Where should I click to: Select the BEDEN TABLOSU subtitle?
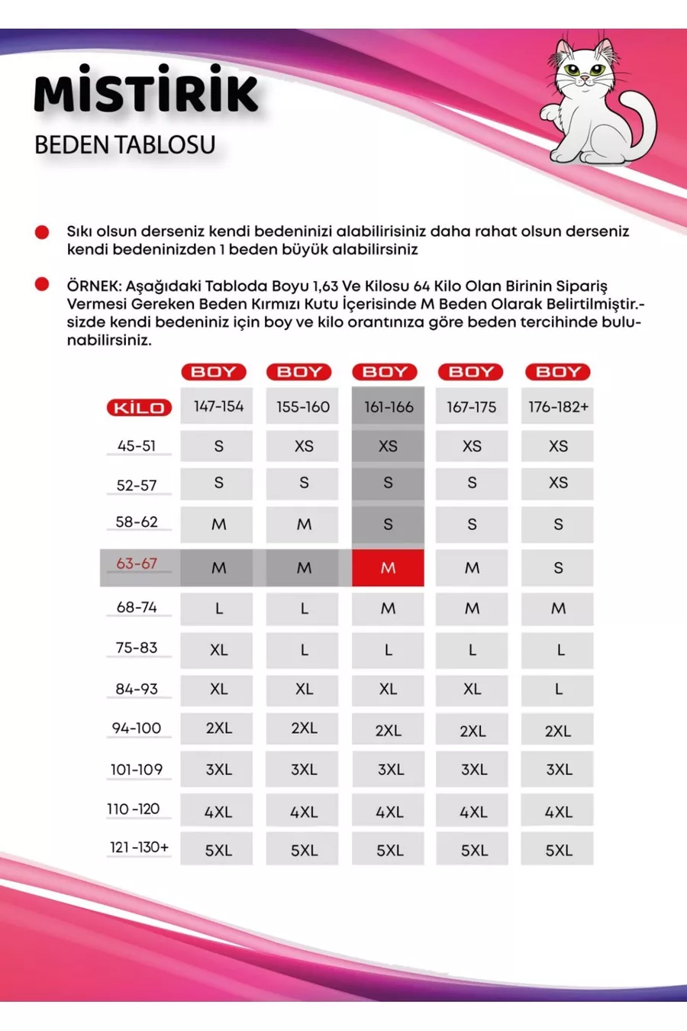point(125,144)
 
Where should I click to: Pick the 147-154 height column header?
point(218,406)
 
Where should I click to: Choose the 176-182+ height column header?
point(558,407)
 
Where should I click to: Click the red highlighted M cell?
point(388,568)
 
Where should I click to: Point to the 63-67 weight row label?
point(137,564)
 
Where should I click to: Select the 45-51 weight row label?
point(137,446)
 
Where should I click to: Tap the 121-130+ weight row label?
point(139,847)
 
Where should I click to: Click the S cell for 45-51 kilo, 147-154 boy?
point(218,446)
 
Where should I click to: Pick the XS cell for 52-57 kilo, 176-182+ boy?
point(558,483)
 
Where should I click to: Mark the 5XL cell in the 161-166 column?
point(389,850)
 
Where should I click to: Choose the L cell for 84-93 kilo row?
point(558,689)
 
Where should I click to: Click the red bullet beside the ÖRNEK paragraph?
point(42,285)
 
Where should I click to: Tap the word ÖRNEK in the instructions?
point(93,286)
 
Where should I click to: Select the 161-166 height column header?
point(388,407)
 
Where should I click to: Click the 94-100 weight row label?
point(137,729)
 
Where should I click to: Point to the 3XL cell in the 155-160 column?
point(304,769)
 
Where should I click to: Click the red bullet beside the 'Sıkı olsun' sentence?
point(42,231)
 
